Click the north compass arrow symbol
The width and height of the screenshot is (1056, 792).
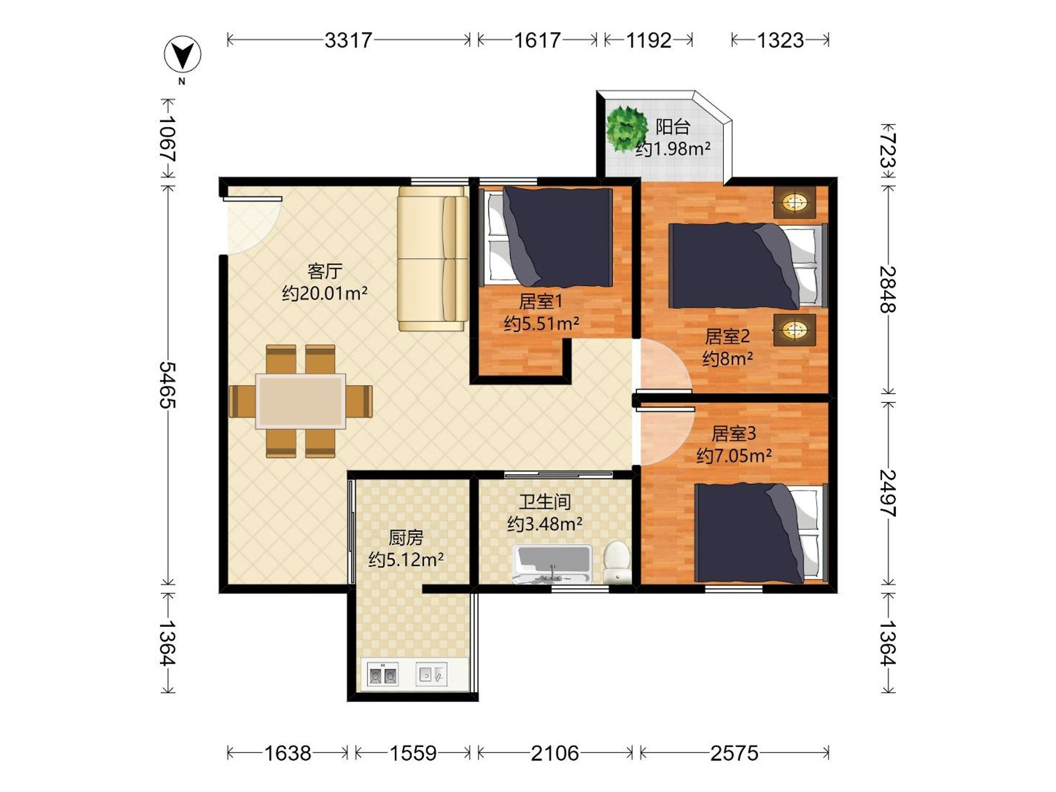[x=182, y=54]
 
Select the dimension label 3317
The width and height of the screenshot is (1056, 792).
[x=348, y=40]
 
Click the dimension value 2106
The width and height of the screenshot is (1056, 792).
[x=555, y=753]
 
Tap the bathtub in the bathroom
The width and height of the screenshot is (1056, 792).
[x=552, y=564]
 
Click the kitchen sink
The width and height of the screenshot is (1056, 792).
[x=431, y=674]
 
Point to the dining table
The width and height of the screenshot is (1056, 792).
[x=301, y=401]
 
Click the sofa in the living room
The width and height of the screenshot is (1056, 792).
[x=433, y=258]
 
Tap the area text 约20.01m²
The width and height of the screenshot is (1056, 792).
[x=325, y=293]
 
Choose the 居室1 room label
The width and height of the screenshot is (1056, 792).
[x=540, y=301]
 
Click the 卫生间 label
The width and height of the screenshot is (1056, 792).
[x=545, y=502]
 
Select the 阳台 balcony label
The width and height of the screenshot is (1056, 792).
[x=673, y=127]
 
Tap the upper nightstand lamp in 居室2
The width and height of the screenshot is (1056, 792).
[x=794, y=202]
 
